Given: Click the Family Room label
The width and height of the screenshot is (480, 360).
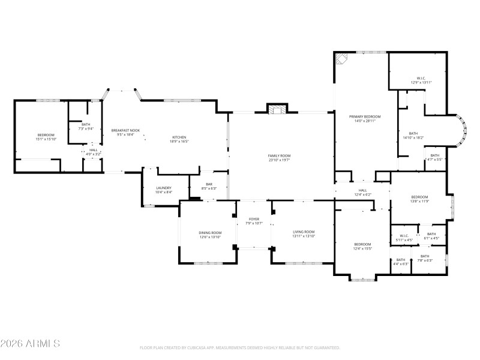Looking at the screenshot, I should coord(278,158).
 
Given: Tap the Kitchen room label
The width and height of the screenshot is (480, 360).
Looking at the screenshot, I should coord(180,139).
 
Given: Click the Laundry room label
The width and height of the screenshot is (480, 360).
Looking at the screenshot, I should coord(164,190).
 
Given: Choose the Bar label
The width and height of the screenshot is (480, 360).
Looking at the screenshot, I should coord(209,187).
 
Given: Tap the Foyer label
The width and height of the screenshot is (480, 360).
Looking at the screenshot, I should coord(254,221).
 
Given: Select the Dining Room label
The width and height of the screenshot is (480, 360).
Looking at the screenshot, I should coord(210,234).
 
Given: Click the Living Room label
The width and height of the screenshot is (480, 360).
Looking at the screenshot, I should coord(304,234).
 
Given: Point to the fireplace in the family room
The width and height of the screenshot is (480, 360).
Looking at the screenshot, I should coord(277,109).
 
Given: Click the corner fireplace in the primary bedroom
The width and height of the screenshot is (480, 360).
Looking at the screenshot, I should coord(341,58).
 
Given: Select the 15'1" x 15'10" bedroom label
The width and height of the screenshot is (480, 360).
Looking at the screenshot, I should coord(46,137).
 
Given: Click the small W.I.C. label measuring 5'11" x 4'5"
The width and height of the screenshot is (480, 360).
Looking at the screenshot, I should coord(404,238).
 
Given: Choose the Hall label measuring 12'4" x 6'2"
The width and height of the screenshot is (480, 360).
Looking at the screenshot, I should coord(362,192).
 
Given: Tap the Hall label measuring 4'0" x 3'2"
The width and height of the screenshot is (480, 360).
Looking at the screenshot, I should coord(94,152).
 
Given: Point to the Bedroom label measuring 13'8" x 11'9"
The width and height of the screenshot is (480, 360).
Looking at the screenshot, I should coord(419,199).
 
